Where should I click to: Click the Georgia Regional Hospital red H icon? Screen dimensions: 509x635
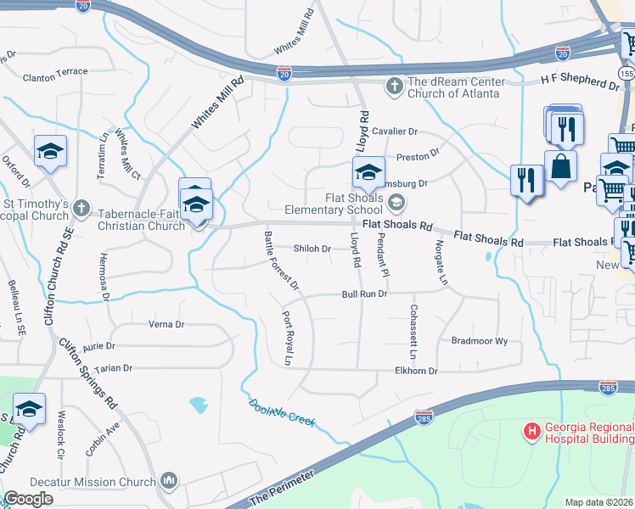pos(532,432)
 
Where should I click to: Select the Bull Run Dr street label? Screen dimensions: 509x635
pos(364,294)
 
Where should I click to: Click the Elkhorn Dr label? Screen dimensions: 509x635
pos(416,371)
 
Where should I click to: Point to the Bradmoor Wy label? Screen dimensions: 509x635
pos(479,340)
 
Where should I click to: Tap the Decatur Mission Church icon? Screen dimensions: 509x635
pos(169,481)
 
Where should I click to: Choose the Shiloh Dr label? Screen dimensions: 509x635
pos(311,249)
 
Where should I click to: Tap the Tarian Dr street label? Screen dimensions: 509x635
pos(115,368)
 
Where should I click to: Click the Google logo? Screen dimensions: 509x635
pos(28,499)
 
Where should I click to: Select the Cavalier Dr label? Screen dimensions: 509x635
pos(396,131)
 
